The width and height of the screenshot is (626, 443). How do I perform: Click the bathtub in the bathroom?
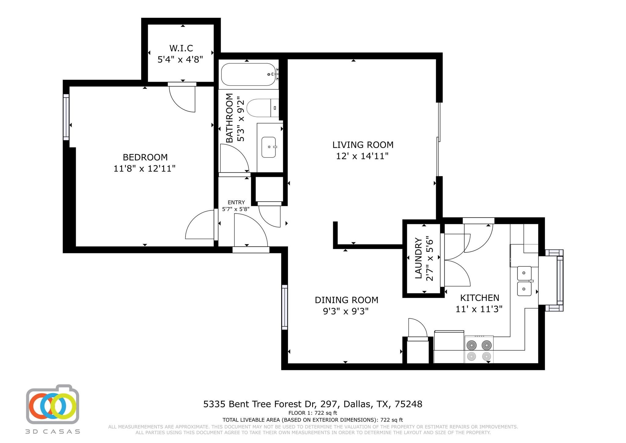(x=248, y=75)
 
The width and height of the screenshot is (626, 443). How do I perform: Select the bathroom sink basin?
(x=269, y=147)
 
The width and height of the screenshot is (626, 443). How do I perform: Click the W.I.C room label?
(x=181, y=48)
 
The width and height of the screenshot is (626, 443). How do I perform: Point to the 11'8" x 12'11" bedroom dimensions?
(x=145, y=169)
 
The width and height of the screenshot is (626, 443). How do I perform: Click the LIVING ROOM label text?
(x=363, y=145)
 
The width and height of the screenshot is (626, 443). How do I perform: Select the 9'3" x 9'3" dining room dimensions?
(x=346, y=311)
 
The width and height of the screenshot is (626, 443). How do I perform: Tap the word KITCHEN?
(x=480, y=298)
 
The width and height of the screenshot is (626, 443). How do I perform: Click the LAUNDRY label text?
(x=418, y=259)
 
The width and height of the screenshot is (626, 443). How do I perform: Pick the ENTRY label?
(x=236, y=202)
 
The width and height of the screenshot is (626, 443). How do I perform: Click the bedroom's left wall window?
(x=66, y=117)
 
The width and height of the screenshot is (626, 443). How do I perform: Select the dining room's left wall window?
(x=285, y=307)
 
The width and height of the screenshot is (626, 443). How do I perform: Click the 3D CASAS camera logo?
(x=53, y=404)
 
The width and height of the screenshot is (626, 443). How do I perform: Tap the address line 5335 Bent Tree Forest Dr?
(x=313, y=404)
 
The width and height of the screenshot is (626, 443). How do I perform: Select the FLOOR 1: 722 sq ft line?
(x=313, y=413)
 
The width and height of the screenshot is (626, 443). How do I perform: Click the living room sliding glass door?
(x=439, y=139)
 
